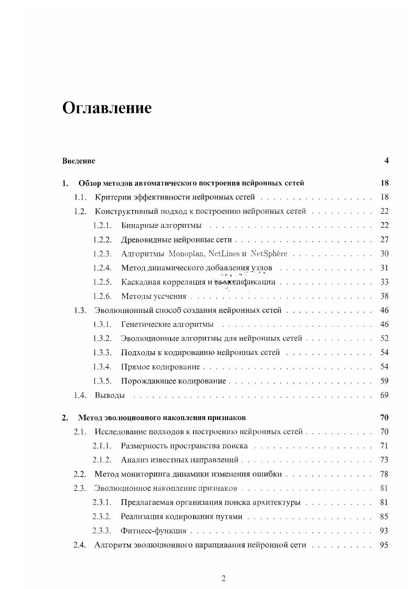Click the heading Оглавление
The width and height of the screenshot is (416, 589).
click(x=107, y=108)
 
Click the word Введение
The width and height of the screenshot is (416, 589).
click(x=79, y=161)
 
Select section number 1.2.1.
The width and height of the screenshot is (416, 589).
click(x=102, y=226)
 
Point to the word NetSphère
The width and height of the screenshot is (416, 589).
click(x=269, y=254)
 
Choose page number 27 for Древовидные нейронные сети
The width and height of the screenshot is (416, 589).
click(x=383, y=240)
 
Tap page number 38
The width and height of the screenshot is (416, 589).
click(x=383, y=297)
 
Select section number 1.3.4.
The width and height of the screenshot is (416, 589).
click(x=102, y=366)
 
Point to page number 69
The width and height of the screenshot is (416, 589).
click(x=383, y=395)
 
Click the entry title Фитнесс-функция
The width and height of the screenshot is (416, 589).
click(x=153, y=531)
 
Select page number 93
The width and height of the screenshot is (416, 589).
click(x=383, y=531)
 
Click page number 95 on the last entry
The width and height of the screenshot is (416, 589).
click(x=383, y=545)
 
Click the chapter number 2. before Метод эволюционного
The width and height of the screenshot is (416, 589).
click(x=65, y=418)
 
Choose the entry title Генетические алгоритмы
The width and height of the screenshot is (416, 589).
click(x=166, y=325)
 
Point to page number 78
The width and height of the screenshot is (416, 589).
click(x=383, y=474)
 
